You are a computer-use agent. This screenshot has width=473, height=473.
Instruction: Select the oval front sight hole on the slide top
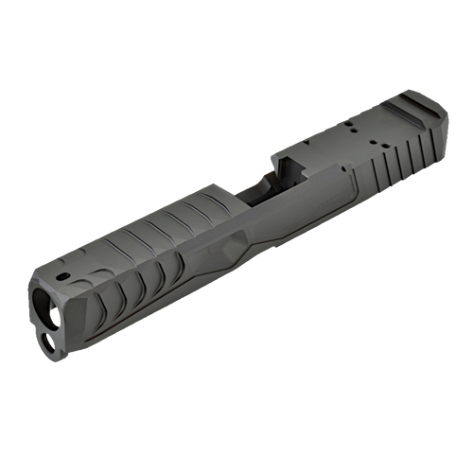[62, 276]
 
